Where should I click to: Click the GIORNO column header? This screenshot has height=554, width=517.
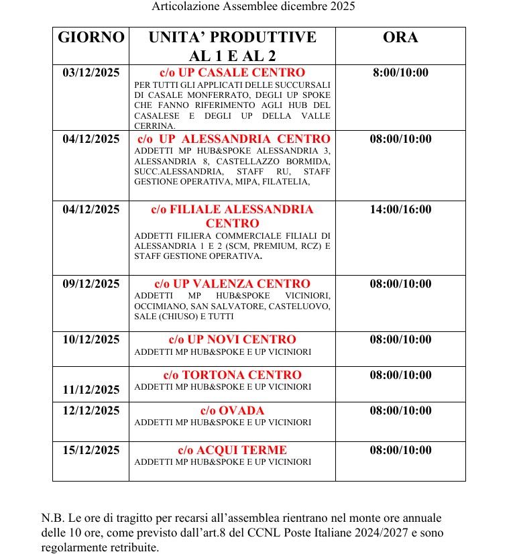(91, 38)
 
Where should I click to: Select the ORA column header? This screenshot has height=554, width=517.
(400, 38)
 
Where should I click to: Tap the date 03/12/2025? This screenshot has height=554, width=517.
(91, 73)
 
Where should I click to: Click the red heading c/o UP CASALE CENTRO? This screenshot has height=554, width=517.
(232, 72)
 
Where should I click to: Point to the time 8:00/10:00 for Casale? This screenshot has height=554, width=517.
(400, 73)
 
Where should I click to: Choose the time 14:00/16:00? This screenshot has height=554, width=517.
(400, 210)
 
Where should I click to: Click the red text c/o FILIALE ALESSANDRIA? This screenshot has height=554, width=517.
(232, 210)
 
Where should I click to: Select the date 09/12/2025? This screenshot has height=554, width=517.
(91, 284)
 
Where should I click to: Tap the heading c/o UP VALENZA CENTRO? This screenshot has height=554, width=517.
(232, 284)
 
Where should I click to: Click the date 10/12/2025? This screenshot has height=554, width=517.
(91, 340)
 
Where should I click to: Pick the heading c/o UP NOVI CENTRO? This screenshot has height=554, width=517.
(232, 340)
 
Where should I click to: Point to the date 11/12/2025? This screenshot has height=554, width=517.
(91, 390)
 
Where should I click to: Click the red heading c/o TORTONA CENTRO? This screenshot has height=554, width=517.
(232, 375)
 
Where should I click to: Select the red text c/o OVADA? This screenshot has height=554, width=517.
(232, 410)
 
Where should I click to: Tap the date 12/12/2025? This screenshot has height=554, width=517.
(91, 410)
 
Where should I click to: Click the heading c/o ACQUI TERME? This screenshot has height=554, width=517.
(232, 450)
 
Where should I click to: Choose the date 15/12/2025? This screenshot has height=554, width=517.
(91, 450)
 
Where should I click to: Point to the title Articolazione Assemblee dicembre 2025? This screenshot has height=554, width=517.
(253, 7)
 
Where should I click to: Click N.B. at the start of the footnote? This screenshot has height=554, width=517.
(50, 518)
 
